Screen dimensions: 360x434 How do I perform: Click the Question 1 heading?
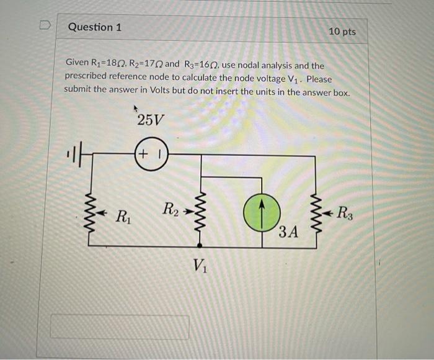pyautogui.click(x=95, y=27)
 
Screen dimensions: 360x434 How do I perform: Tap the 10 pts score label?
pyautogui.click(x=342, y=31)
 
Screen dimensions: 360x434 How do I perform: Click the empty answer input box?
pyautogui.click(x=120, y=327)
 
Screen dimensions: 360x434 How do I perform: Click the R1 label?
pyautogui.click(x=123, y=217)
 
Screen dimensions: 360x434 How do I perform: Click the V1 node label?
pyautogui.click(x=200, y=266)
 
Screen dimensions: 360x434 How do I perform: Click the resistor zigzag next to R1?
pyautogui.click(x=89, y=212)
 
